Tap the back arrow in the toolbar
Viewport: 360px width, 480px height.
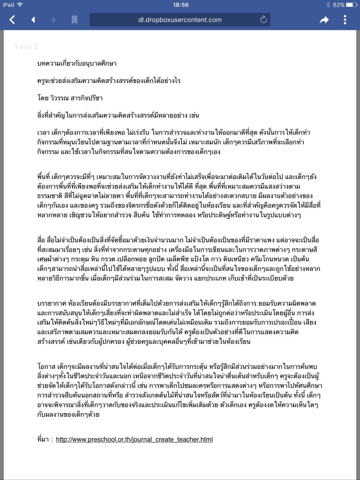[13, 20]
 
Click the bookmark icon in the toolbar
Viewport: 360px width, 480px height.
[74, 20]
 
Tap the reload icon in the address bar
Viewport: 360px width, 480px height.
[263, 20]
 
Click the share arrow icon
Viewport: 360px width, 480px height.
[324, 20]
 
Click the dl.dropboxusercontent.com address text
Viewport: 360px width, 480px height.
[180, 20]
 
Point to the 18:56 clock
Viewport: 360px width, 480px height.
[180, 5]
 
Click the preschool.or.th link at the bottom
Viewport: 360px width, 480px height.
[134, 440]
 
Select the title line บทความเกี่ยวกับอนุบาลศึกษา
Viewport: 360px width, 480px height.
[71, 63]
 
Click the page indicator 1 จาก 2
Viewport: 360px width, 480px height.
[26, 47]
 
